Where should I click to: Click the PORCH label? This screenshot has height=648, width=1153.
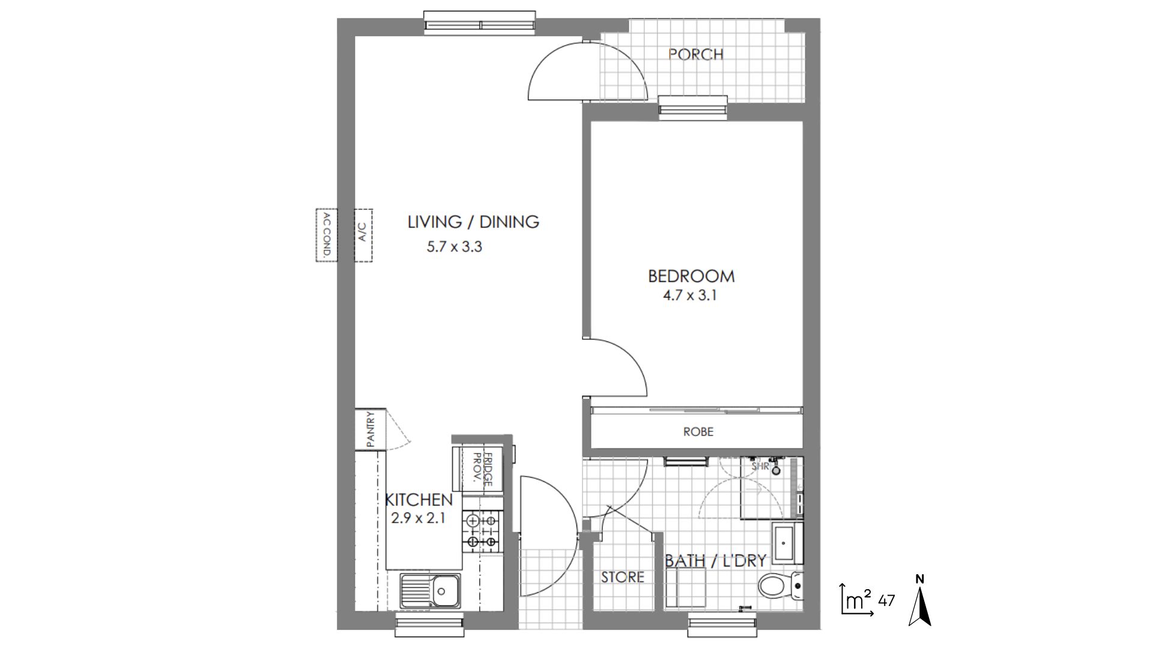pos(695,54)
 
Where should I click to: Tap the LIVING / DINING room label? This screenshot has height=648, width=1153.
pos(473,222)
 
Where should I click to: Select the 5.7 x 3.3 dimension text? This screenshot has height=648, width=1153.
pos(454,247)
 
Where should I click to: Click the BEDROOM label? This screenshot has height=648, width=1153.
pos(691,276)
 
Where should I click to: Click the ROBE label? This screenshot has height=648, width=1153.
pos(698,431)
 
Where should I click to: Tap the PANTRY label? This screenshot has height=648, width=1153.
pos(371,429)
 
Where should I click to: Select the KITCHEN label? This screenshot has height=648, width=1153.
pos(418,499)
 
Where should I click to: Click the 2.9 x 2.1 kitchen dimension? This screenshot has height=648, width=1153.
pos(418,518)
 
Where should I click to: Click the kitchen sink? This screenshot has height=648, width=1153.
pos(431,590)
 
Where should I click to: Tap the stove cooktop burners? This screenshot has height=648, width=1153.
pos(482,532)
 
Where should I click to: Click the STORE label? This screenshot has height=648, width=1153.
pos(622,577)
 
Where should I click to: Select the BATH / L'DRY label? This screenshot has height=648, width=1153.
pos(715,561)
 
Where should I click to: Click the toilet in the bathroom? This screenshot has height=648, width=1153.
pos(779,586)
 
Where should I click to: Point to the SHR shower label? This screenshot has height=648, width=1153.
pos(760,466)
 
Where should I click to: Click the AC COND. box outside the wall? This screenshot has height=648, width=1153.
pos(327,235)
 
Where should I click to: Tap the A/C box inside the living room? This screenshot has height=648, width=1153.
pos(363,235)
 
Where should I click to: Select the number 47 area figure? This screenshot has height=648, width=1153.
pos(886,600)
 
